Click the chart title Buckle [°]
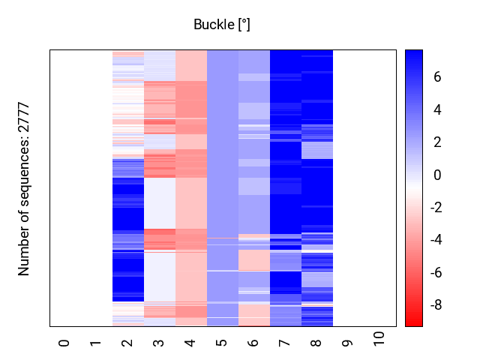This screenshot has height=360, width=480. tap(222, 25)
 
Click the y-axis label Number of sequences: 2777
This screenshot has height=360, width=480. tap(25, 188)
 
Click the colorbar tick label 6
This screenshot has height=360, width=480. tap(436, 77)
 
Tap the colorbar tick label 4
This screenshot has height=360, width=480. tap(436, 110)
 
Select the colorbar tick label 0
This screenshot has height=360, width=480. tap(436, 175)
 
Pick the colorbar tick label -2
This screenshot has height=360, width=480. tap(435, 208)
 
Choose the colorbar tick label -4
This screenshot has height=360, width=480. tap(435, 240)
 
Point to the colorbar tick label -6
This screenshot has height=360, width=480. tap(435, 273)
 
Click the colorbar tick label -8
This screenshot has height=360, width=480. tap(435, 305)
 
